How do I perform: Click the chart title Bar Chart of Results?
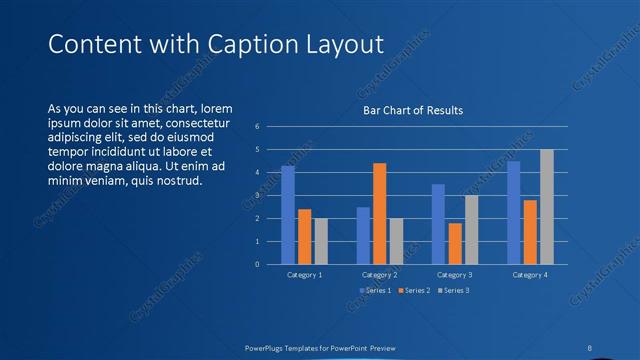[x=412, y=110]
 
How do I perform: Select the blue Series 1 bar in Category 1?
[x=288, y=215]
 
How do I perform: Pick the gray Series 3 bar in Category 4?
[x=546, y=207]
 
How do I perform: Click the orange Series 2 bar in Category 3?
[x=455, y=243]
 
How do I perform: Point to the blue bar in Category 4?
[x=513, y=212]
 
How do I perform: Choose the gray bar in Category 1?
[x=320, y=241]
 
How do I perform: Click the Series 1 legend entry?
[x=375, y=290]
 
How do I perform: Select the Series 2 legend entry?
[x=413, y=290]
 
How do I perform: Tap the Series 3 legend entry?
[x=452, y=290]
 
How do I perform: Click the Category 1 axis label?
[x=304, y=274]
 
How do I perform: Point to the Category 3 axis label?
[x=455, y=274]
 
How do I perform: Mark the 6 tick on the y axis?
[x=257, y=127]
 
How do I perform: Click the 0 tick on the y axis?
[x=257, y=265]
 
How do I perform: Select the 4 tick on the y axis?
[x=257, y=173]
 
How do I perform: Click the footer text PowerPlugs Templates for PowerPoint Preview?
[x=320, y=348]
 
